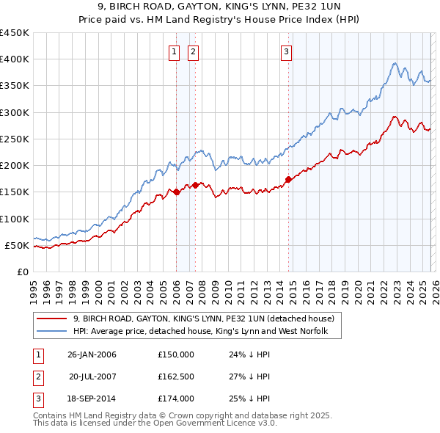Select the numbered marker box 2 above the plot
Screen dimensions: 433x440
tap(193, 51)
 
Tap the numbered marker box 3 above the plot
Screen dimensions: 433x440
tap(285, 51)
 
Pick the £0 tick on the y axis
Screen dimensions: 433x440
tap(22, 272)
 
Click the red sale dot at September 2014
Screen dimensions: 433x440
tap(288, 179)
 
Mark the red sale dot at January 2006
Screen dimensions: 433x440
tap(177, 192)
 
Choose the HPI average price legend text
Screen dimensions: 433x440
tap(206, 332)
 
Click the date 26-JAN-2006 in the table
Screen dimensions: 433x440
tap(92, 354)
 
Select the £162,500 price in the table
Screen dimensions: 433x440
tap(176, 376)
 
